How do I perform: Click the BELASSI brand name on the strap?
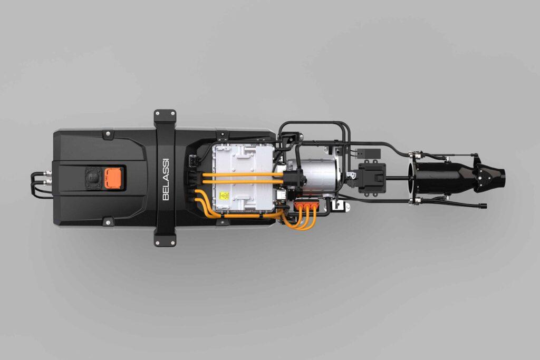coord(166,179)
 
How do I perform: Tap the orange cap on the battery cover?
coord(113,178)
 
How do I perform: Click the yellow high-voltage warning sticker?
coord(224,196)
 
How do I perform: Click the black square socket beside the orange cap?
coord(94,178)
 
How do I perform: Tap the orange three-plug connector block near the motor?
coord(307,206)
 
